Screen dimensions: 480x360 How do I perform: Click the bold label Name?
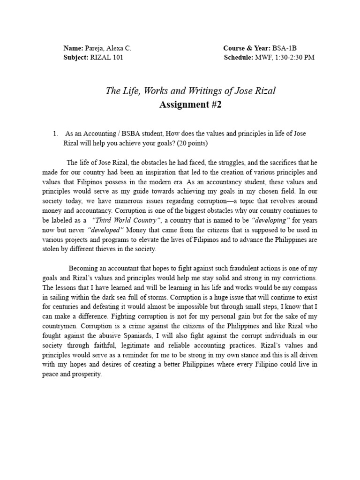pyautogui.click(x=73, y=48)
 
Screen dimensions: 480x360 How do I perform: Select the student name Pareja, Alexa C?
pyautogui.click(x=108, y=48)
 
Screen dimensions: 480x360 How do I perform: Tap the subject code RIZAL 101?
pyautogui.click(x=106, y=58)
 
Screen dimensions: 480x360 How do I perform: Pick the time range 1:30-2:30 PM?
pyautogui.click(x=294, y=58)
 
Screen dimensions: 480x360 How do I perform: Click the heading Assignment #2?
pyautogui.click(x=190, y=104)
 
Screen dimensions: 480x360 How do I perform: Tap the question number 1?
pyautogui.click(x=55, y=134)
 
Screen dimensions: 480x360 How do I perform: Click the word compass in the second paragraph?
pyautogui.click(x=306, y=287)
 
